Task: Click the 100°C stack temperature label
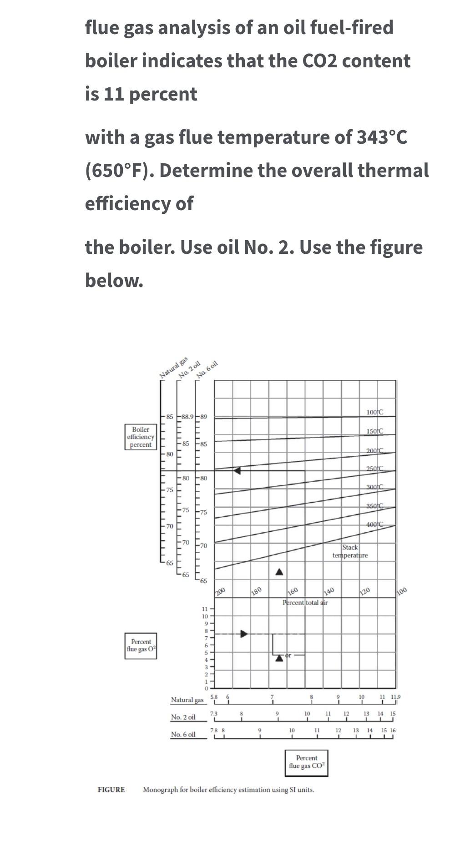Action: (374, 412)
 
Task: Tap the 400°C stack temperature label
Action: (374, 524)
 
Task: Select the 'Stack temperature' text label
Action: (350, 551)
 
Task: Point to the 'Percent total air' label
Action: (305, 603)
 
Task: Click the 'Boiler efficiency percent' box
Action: (141, 437)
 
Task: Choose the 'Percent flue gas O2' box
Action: (141, 645)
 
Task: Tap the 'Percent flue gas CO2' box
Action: (307, 762)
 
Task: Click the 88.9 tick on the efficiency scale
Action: (187, 417)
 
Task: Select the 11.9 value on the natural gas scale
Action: (395, 697)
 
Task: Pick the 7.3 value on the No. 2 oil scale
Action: (213, 714)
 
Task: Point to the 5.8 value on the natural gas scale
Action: (214, 697)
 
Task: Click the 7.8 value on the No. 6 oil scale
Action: (213, 731)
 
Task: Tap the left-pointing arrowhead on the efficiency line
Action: (237, 471)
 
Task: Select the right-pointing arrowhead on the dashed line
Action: (244, 634)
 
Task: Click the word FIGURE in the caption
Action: (111, 790)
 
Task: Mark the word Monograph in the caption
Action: (160, 790)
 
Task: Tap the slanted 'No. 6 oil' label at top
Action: (207, 369)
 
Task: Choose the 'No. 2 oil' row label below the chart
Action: (183, 717)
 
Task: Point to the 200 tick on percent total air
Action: (220, 591)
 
